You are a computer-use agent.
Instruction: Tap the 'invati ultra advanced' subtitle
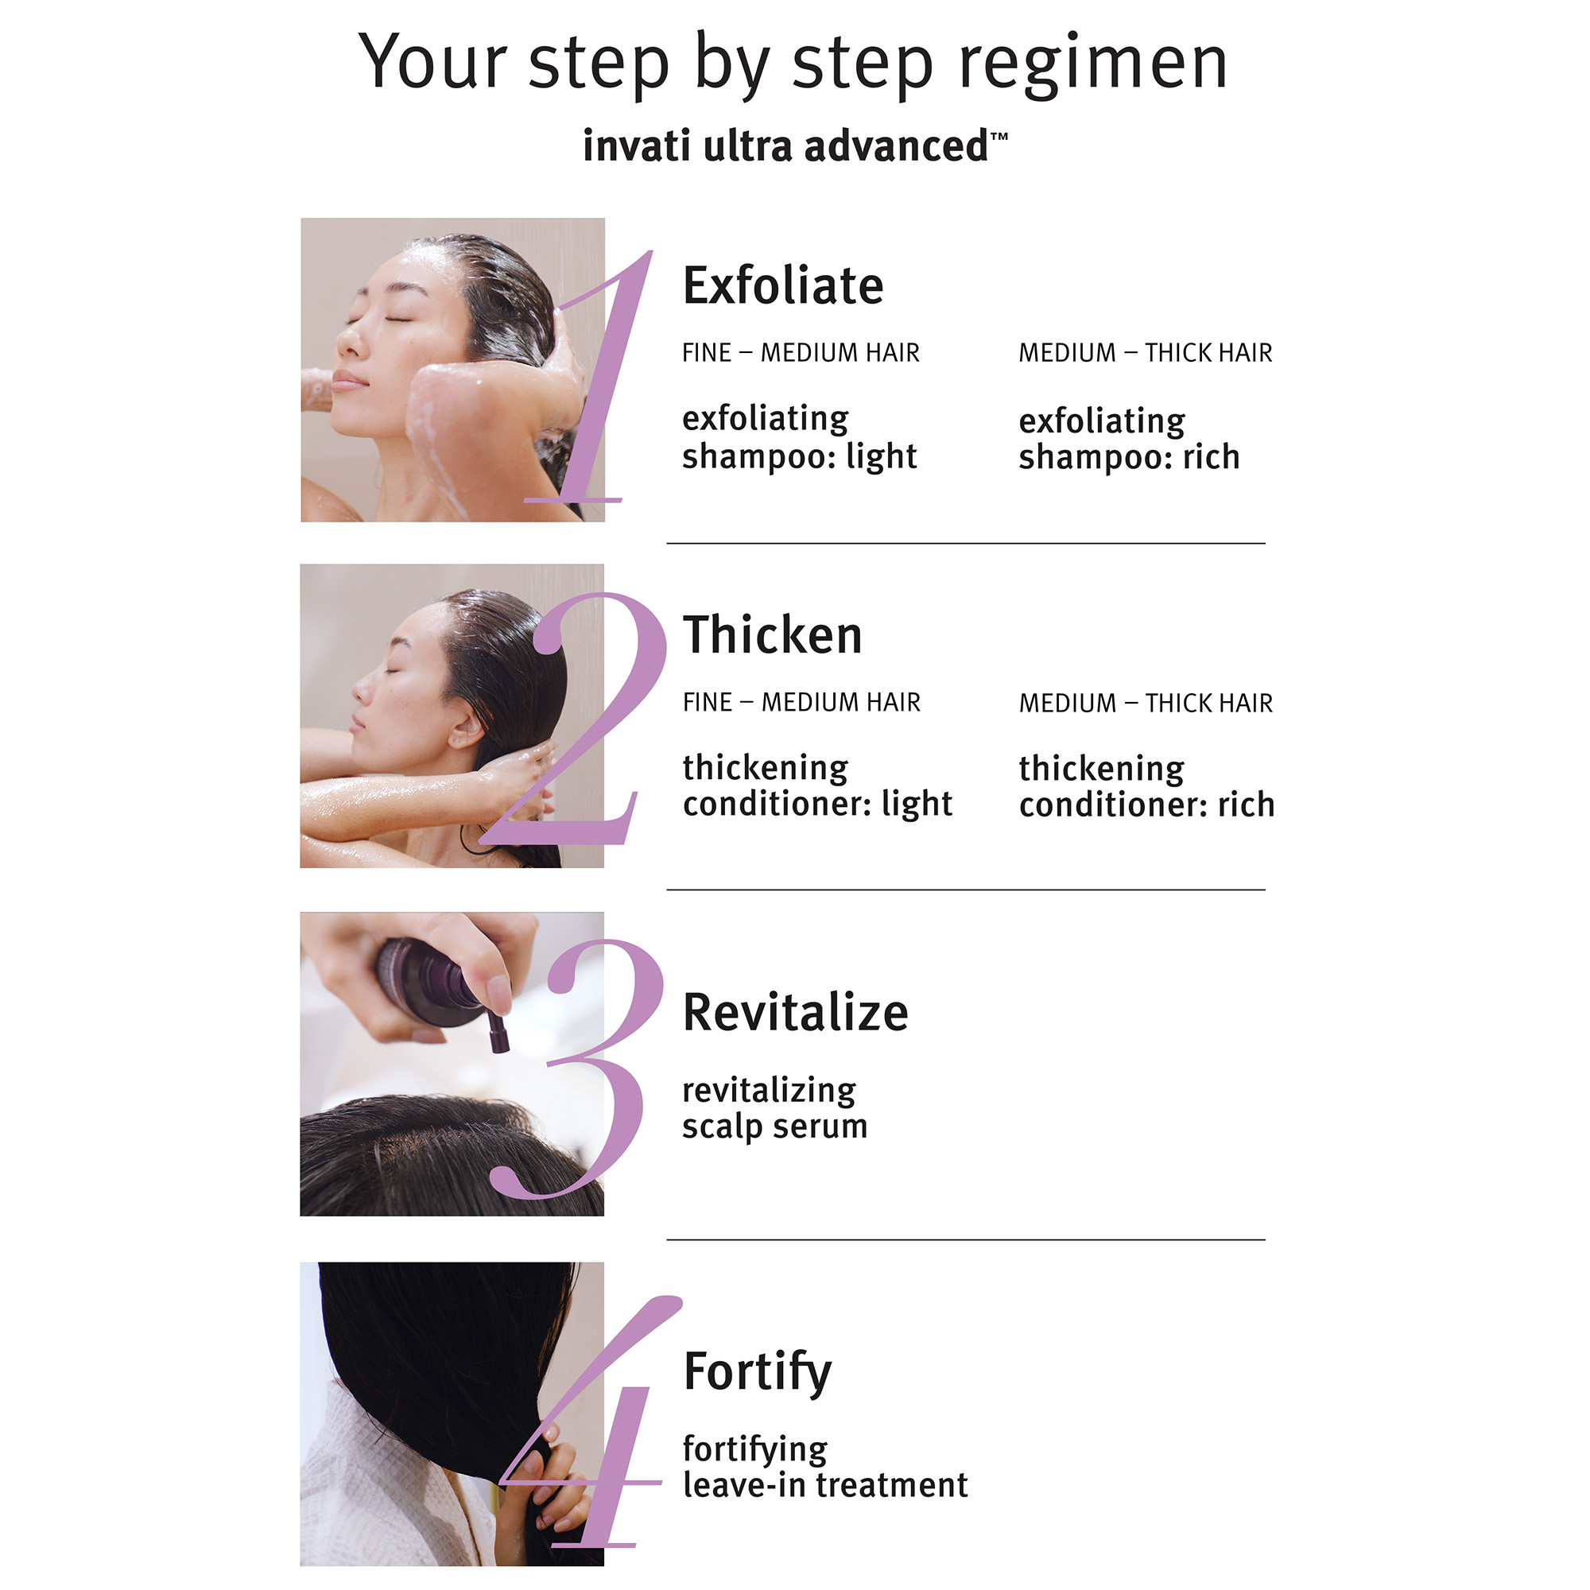coord(794,146)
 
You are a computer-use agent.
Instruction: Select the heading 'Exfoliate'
coord(782,286)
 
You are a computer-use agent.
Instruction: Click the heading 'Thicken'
coord(772,635)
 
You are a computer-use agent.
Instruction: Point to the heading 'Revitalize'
coord(795,1012)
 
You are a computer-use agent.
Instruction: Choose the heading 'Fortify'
coord(757,1371)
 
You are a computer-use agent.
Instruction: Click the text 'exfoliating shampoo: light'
coord(799,437)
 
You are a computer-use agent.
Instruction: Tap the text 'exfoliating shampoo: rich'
coord(1128,439)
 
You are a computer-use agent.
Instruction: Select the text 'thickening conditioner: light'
coord(817,786)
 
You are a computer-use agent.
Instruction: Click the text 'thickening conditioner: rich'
coord(1146,787)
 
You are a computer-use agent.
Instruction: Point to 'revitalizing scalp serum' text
coord(774,1107)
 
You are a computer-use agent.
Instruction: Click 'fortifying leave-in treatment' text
coord(824,1467)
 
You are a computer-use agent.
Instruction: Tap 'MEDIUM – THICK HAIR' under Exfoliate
coord(1145,353)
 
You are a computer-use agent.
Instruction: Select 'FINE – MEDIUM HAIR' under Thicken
coord(801,702)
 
